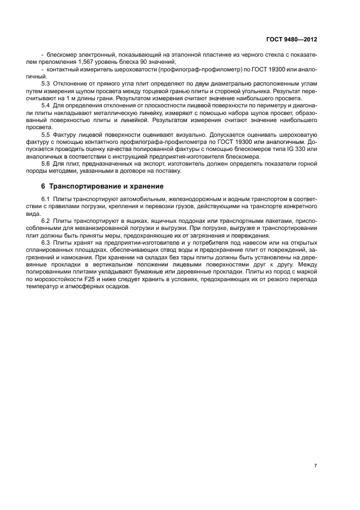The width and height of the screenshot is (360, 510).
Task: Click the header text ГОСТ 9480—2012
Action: point(291,39)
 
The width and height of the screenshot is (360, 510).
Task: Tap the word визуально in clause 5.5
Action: point(181,133)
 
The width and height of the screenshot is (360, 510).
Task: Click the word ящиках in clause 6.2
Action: point(129,222)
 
